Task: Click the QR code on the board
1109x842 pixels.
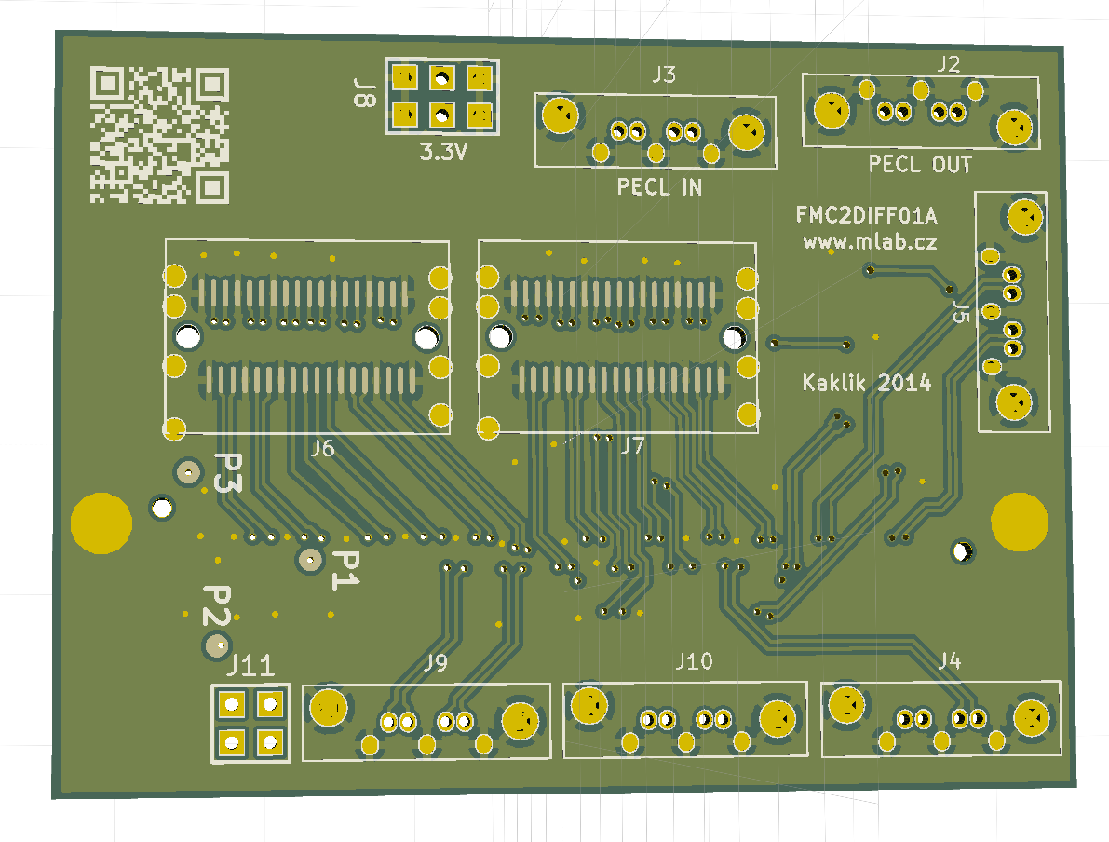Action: coord(158,135)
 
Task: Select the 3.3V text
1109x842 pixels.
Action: coord(443,153)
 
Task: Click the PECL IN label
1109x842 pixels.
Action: coord(659,188)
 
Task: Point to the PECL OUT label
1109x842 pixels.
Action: coord(920,165)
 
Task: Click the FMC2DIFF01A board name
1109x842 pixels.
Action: coord(866,217)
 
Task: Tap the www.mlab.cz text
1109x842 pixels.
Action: coord(870,242)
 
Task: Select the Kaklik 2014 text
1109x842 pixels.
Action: coord(867,382)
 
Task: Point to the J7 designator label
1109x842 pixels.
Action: coord(632,446)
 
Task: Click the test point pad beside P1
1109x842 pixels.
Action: coord(309,560)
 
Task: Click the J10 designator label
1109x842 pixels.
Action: coord(694,661)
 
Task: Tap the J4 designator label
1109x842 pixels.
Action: coord(949,661)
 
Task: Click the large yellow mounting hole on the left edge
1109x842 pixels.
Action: coord(101,523)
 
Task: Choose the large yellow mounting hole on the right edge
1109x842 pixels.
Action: coord(1020,522)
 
